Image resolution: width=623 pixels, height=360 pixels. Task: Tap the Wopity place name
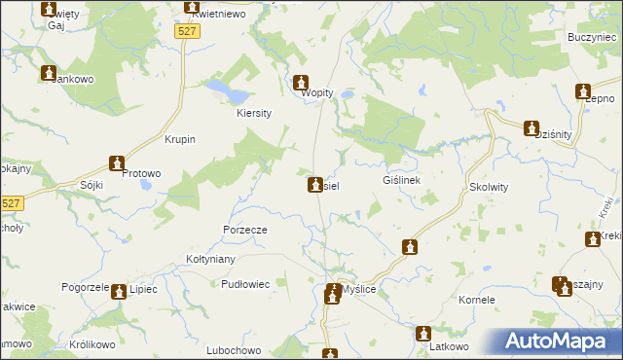click(317, 93)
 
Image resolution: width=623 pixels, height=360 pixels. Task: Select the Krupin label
click(181, 139)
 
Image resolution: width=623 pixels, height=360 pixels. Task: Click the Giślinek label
click(401, 180)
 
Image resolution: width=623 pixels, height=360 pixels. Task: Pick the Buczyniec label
click(587, 36)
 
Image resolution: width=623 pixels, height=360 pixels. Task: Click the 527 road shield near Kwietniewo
click(189, 32)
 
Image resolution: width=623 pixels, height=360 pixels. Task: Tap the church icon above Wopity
click(301, 81)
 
